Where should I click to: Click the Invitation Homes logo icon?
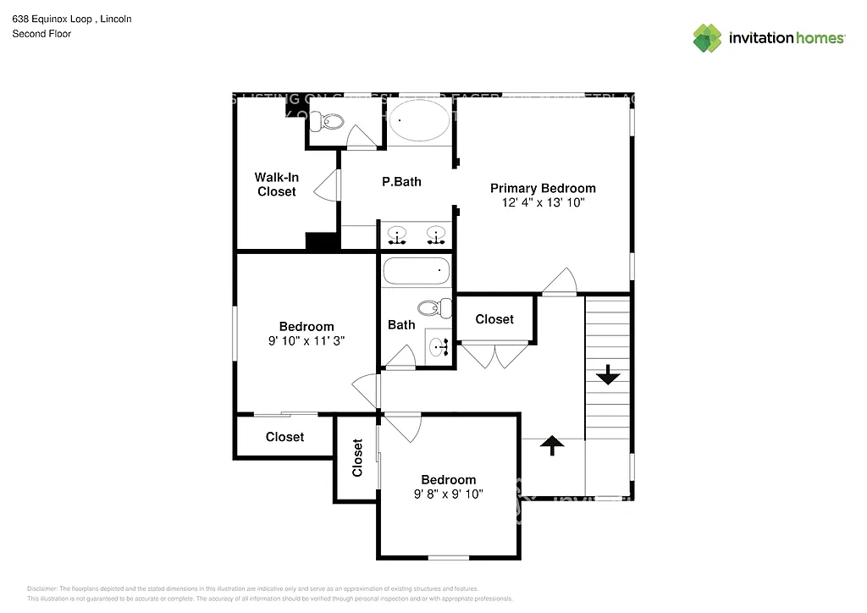[x=707, y=38]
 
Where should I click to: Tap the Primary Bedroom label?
[x=543, y=188]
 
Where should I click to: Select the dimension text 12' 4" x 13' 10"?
[x=543, y=203]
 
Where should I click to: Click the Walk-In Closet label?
[x=276, y=185]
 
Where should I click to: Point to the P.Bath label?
[x=401, y=181]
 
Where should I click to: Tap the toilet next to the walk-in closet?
[x=324, y=124]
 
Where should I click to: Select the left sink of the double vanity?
[x=395, y=235]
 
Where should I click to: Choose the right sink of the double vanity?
[x=437, y=235]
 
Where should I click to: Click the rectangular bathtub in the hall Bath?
[x=415, y=272]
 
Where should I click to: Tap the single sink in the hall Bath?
[x=439, y=346]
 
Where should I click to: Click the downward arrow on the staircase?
[x=607, y=374]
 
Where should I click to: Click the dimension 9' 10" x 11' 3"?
[x=306, y=341]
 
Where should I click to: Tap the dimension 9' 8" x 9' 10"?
[x=448, y=494]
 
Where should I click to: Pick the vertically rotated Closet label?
[x=357, y=457]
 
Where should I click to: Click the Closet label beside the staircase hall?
[x=494, y=319]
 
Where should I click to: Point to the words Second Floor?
[x=41, y=34]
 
